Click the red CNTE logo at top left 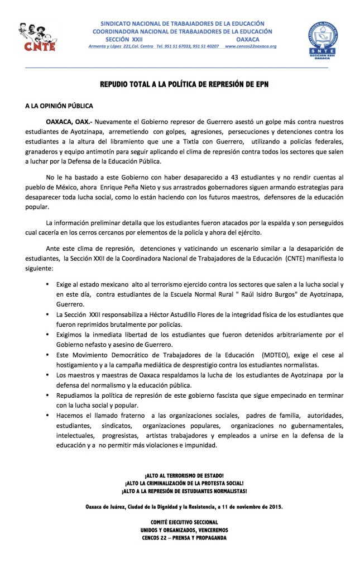37,37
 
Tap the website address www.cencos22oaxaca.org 251,47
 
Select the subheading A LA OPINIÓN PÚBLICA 63,106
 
